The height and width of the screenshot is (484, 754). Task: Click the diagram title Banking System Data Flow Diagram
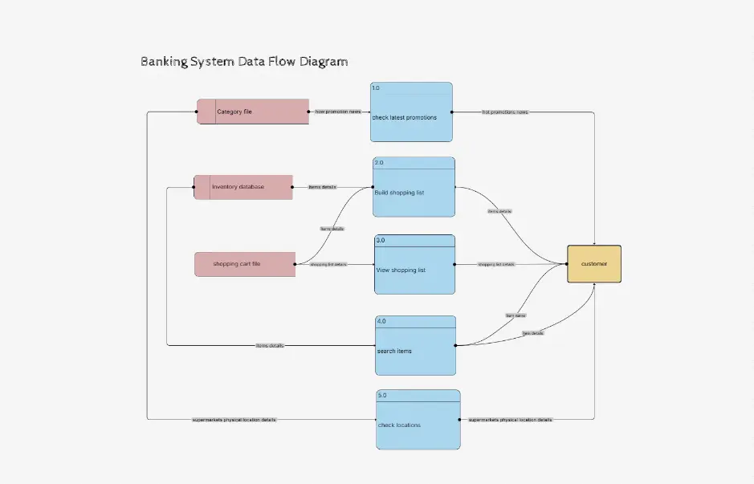[244, 62]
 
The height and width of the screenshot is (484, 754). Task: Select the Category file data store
[253, 112]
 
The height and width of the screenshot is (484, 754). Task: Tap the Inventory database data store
[243, 187]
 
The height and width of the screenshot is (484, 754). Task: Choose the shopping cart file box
[245, 264]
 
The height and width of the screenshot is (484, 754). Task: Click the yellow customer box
[594, 263]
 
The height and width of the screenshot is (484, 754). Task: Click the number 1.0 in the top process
[376, 87]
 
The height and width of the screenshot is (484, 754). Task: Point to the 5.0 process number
[382, 395]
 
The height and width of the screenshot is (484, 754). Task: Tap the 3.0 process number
[381, 240]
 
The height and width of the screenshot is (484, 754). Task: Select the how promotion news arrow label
[338, 112]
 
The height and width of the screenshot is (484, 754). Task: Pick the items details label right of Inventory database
[323, 187]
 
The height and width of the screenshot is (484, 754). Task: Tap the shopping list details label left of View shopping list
[328, 264]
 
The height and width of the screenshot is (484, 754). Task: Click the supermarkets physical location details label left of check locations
[234, 420]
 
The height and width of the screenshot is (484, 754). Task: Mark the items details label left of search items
[270, 346]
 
